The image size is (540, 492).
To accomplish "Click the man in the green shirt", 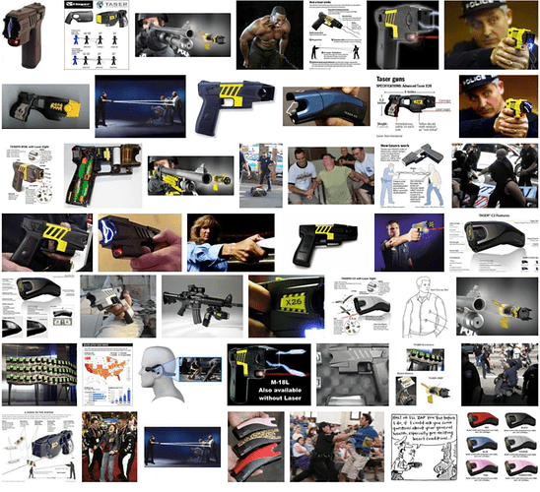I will pos(330,172).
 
